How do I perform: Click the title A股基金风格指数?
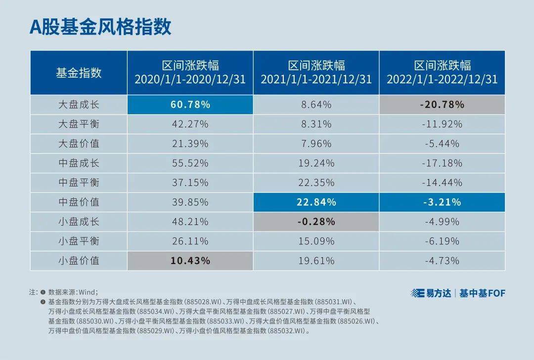pos(100,26)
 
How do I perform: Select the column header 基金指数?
pos(79,73)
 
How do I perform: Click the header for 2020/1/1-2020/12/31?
pos(190,73)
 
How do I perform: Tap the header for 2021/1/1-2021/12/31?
pos(316,73)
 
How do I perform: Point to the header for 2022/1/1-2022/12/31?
pos(442,73)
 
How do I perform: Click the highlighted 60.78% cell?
pos(190,105)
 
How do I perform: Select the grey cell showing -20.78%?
pos(442,105)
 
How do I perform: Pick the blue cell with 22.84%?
pos(316,202)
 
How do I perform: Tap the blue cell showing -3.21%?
pos(442,202)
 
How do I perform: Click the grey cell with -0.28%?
pos(316,222)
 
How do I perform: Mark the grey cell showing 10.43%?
pos(190,261)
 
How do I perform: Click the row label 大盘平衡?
pos(79,124)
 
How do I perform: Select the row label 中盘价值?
pos(79,202)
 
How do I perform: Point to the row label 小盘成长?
pos(79,222)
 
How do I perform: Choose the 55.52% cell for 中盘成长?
pos(190,163)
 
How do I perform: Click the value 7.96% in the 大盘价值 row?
pos(316,144)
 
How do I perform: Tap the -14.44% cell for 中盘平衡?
pos(442,182)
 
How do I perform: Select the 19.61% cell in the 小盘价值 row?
pos(316,261)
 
